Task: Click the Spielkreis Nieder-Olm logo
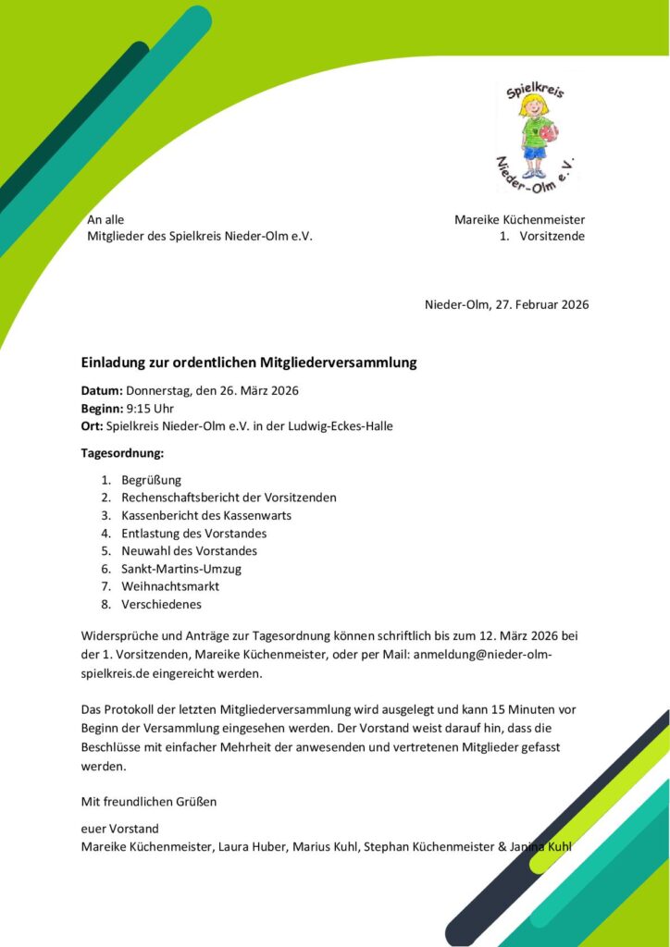(537, 136)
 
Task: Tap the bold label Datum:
(102, 390)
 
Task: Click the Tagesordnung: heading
(122, 453)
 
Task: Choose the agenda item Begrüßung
(151, 480)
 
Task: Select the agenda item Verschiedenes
(161, 604)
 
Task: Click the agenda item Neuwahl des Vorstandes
(189, 551)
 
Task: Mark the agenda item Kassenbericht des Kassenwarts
(206, 515)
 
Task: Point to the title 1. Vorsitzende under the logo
(540, 237)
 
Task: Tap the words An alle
(105, 219)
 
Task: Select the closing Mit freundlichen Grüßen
(149, 801)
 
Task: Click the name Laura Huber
(252, 846)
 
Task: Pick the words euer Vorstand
(120, 829)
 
